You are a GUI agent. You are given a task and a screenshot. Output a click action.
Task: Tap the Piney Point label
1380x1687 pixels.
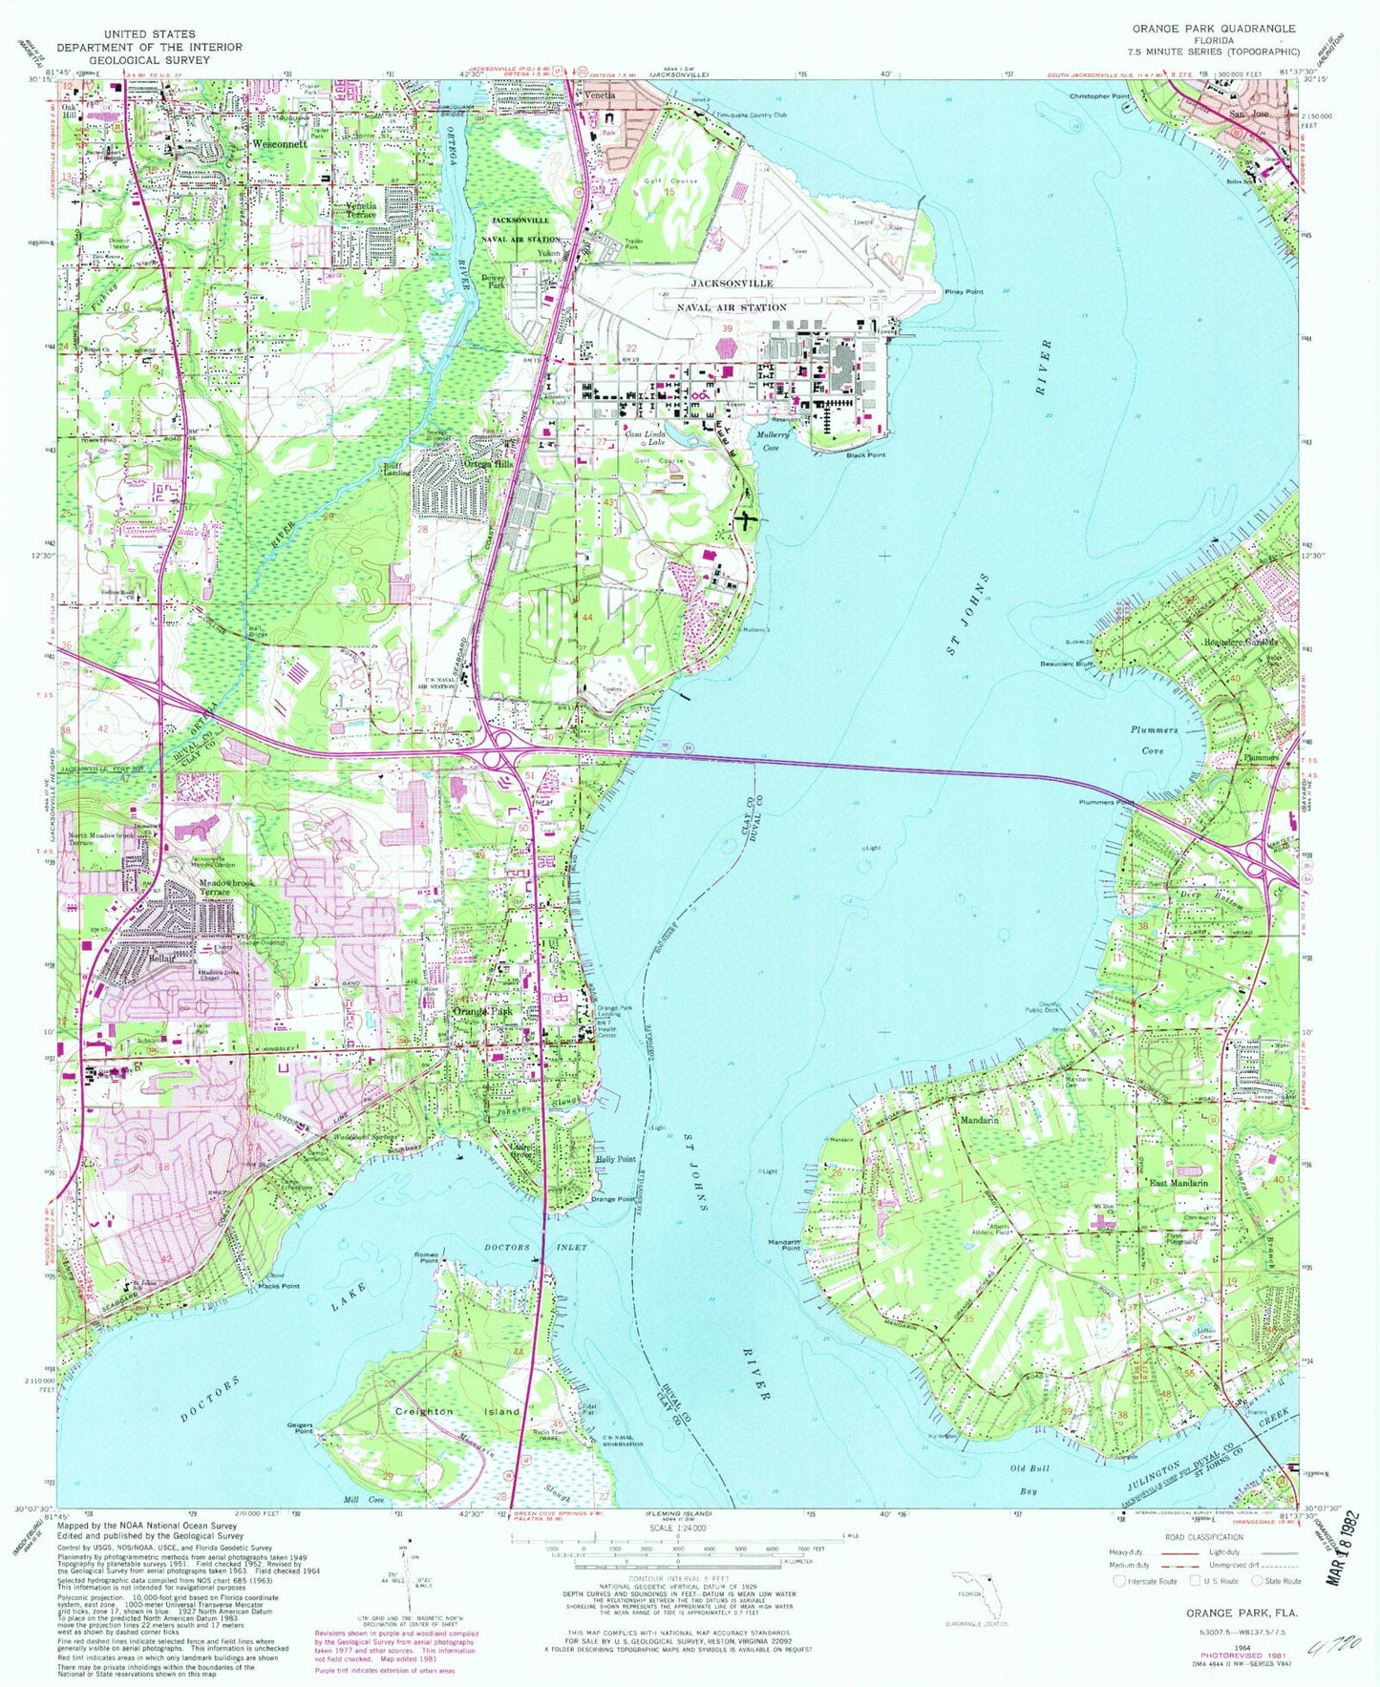[x=964, y=291]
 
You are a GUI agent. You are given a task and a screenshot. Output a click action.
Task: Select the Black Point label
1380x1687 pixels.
[x=866, y=455]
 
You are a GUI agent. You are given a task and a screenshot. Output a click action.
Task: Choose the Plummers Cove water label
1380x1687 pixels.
[x=1154, y=740]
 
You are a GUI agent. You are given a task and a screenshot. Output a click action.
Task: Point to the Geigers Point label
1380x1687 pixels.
[x=300, y=1428]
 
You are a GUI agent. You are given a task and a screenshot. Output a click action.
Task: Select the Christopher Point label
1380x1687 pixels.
[x=1099, y=97]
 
